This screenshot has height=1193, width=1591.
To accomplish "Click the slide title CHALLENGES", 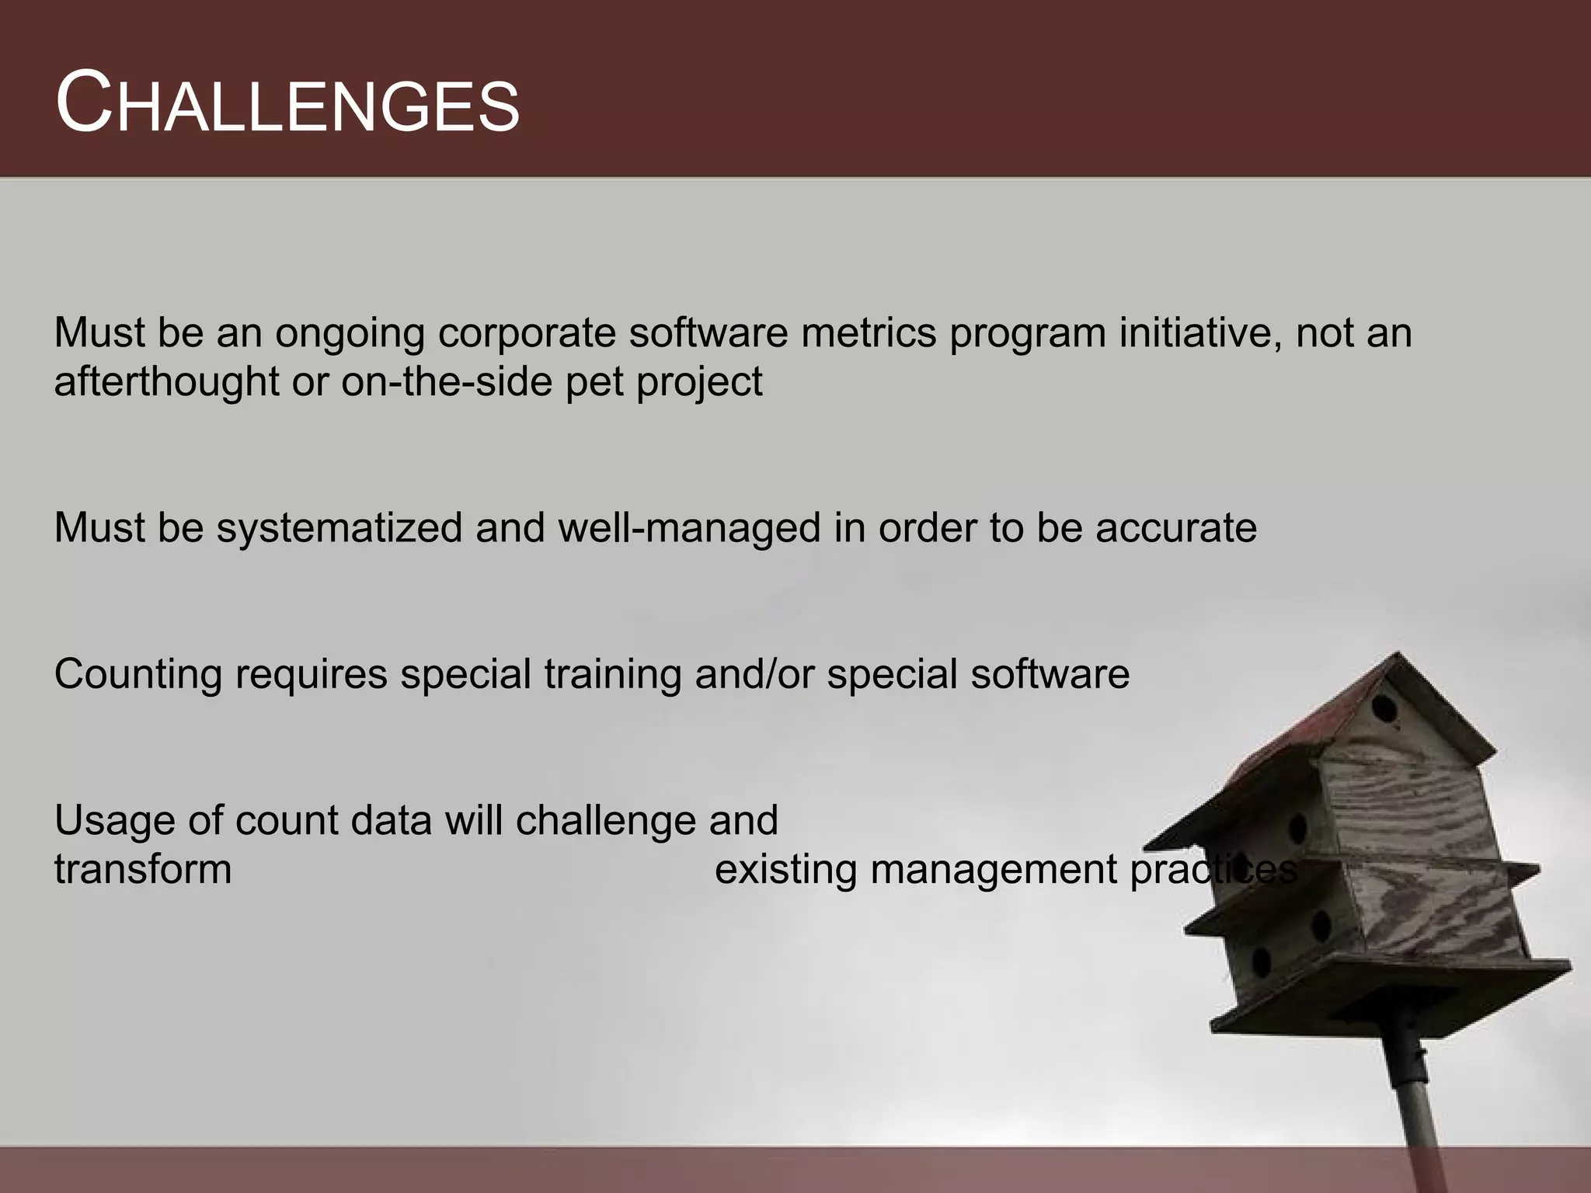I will pos(287,103).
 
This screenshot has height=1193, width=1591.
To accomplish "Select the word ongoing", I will pos(349,333).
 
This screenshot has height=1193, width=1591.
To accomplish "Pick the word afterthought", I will pos(166,381).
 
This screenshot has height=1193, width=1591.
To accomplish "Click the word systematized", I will pos(339,528).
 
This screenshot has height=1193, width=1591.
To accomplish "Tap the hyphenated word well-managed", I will pos(689,528).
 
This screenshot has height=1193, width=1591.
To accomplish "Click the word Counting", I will pos(138,674).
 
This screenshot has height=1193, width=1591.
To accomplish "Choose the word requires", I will pos(311,674).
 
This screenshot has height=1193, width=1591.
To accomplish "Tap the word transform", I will pos(143,869).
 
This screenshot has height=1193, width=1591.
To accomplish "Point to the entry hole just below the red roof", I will pos(1384,708).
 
